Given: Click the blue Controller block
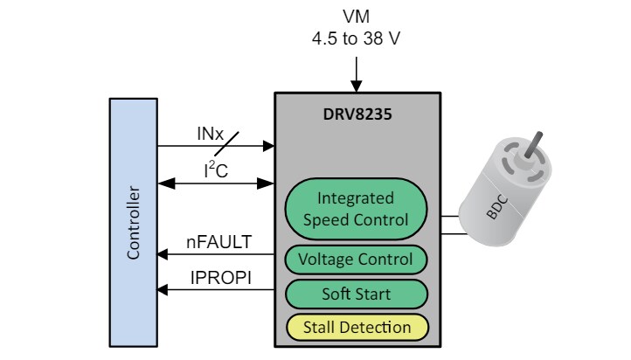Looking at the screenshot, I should (132, 222).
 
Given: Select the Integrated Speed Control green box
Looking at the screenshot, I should (356, 209).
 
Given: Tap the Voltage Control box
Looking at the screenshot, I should (356, 260).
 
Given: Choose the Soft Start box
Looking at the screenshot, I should (356, 294).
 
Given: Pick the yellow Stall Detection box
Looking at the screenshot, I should (356, 328).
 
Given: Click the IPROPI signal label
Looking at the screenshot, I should (218, 278).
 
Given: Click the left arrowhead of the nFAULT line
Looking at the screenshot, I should (163, 255).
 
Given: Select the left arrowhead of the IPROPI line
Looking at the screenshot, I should (163, 290).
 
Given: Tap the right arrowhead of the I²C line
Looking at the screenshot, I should (269, 183).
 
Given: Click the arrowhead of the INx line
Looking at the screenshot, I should (269, 146).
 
